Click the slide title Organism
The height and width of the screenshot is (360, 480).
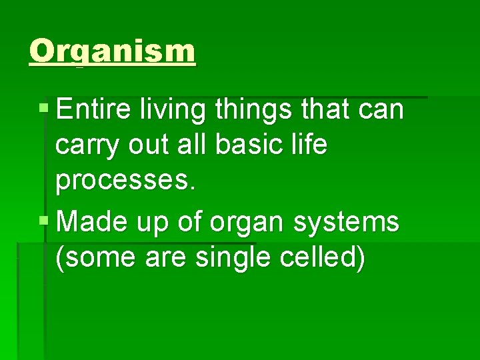(x=113, y=51)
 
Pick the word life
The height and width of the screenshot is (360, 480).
(x=311, y=145)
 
